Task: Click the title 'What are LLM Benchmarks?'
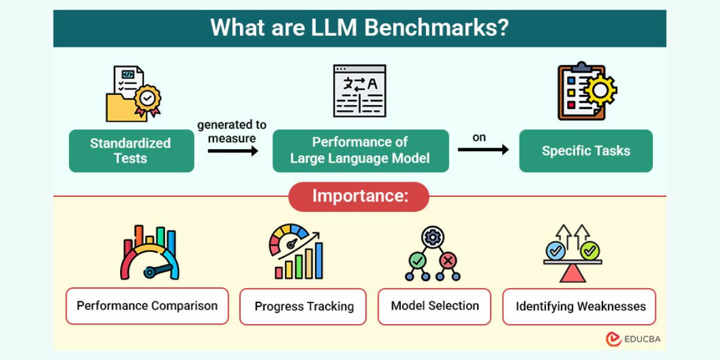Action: pyautogui.click(x=359, y=28)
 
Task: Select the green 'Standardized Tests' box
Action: pyautogui.click(x=131, y=151)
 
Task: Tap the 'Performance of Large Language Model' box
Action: pyautogui.click(x=361, y=151)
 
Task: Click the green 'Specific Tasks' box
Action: pyautogui.click(x=586, y=151)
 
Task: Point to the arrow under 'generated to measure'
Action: pyautogui.click(x=233, y=151)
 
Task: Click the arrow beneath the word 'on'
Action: pyautogui.click(x=483, y=149)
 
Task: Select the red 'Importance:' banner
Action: pyautogui.click(x=359, y=197)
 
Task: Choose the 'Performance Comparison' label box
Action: pyautogui.click(x=147, y=306)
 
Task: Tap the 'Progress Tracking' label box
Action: pyautogui.click(x=303, y=307)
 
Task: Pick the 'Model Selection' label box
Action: pyautogui.click(x=434, y=306)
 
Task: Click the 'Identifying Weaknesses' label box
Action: pyautogui.click(x=580, y=307)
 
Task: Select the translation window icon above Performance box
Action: pyautogui.click(x=359, y=91)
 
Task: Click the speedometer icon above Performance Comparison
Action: pyautogui.click(x=149, y=252)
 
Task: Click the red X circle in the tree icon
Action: pyautogui.click(x=448, y=260)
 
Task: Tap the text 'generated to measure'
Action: pyautogui.click(x=232, y=131)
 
